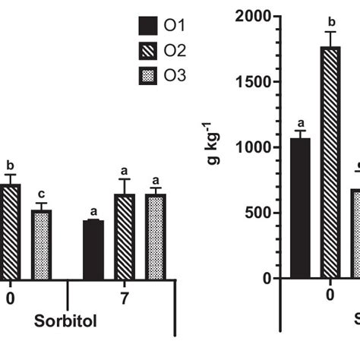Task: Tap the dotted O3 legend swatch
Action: [x=147, y=75]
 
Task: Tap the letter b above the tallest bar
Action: [x=330, y=21]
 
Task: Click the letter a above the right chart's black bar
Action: [x=300, y=122]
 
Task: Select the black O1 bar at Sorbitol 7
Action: [x=93, y=250]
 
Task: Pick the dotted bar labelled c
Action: [x=42, y=245]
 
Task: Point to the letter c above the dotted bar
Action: [x=42, y=193]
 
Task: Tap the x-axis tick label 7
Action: [x=125, y=298]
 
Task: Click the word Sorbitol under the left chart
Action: [x=65, y=321]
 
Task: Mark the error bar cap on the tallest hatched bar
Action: [x=330, y=32]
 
